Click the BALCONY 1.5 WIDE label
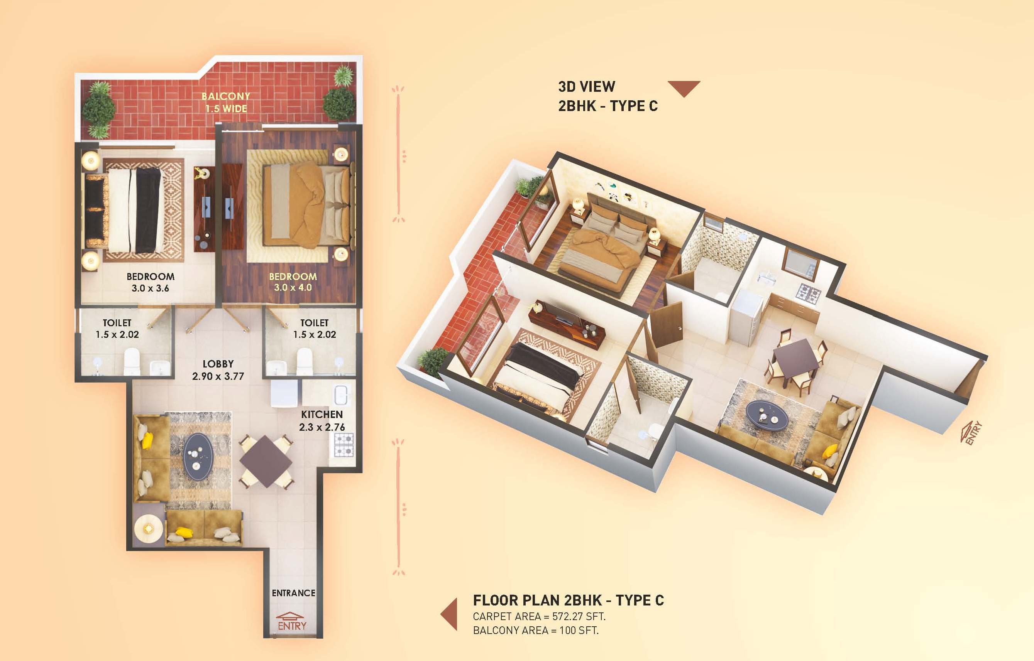click(226, 102)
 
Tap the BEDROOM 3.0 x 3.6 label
click(151, 282)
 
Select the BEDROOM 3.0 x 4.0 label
click(293, 282)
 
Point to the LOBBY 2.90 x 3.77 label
click(218, 370)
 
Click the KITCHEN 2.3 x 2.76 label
click(322, 421)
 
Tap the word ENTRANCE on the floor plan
click(293, 593)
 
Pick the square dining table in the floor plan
click(266, 461)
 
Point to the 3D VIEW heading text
click(586, 87)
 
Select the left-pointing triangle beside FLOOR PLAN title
click(449, 614)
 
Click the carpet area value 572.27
click(569, 616)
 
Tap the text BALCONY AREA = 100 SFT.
click(536, 631)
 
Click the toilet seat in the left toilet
click(132, 361)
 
